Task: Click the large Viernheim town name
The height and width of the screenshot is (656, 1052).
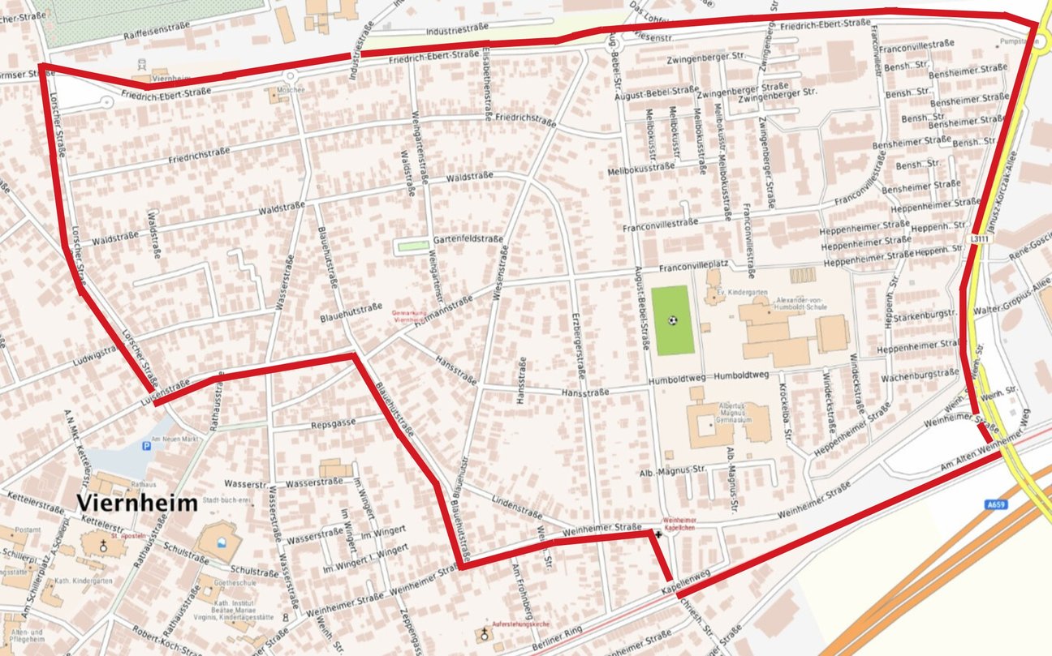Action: (138, 503)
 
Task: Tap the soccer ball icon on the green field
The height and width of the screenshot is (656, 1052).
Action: (673, 319)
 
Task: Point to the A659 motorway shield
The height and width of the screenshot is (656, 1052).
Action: (998, 504)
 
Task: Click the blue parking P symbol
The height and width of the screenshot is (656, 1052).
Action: (146, 445)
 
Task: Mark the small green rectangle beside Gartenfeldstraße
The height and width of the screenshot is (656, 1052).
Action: (412, 246)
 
